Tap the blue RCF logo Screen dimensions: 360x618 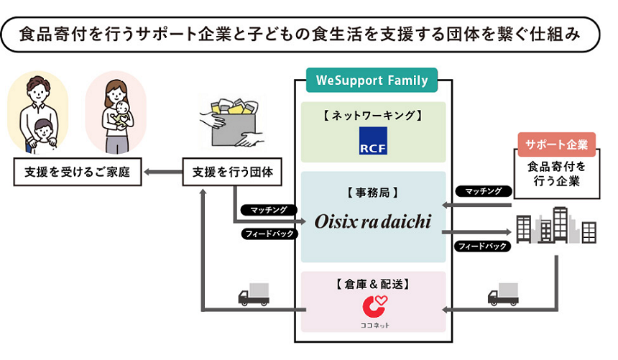point(372,141)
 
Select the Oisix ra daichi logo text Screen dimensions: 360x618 point(372,221)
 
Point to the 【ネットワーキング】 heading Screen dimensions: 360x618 point(372,114)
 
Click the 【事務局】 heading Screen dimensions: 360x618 point(372,192)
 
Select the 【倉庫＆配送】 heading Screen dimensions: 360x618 point(372,284)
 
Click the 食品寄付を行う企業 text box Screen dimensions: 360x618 point(555,173)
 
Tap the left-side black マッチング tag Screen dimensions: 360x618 point(269,210)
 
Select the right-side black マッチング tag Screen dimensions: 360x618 point(484,191)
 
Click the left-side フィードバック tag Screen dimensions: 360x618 point(269,233)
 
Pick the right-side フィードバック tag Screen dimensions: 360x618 point(484,246)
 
